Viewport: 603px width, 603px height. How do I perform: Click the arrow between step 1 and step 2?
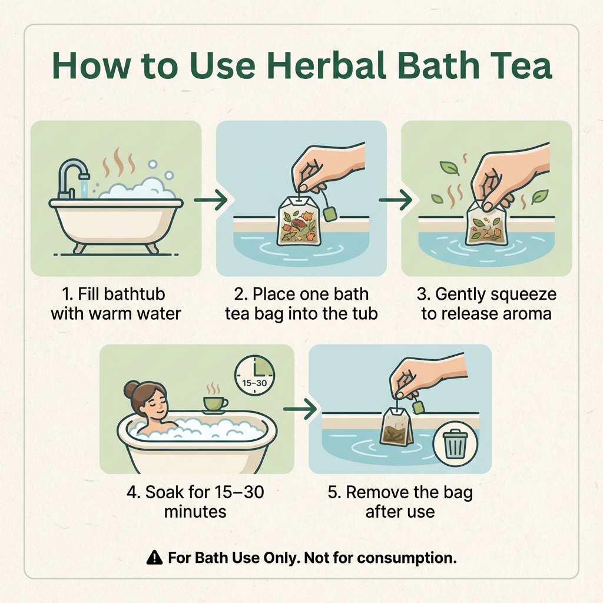click(x=210, y=200)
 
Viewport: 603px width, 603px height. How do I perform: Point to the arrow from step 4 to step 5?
click(x=300, y=409)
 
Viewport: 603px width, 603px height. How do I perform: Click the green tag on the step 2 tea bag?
click(x=330, y=214)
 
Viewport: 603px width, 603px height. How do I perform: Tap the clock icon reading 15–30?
click(x=254, y=375)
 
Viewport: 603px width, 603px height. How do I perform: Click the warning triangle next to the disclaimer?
click(x=155, y=557)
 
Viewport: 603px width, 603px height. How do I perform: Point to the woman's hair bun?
click(x=131, y=389)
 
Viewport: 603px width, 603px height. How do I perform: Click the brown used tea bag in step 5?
click(x=396, y=428)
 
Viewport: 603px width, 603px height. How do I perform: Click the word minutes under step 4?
click(x=196, y=512)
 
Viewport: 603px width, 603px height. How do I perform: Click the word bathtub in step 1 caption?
click(x=135, y=294)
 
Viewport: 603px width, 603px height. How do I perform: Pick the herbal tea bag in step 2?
click(x=299, y=221)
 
